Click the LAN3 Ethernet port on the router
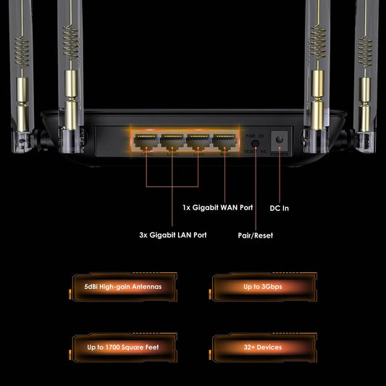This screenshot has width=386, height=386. coord(198,140)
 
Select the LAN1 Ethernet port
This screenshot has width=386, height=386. coord(146,140)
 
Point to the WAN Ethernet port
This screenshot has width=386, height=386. coord(224,140)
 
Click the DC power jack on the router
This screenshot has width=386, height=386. coord(279,139)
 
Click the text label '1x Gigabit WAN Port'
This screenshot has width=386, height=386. coord(217,208)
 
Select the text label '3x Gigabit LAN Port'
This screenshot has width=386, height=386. coord(173,235)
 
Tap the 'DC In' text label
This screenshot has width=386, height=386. coord(280,209)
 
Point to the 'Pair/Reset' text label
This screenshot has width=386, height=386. coord(255,235)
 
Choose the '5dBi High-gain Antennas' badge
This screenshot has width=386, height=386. coord(126,287)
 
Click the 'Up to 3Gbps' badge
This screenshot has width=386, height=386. coord(263,287)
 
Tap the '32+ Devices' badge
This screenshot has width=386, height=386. coord(263,347)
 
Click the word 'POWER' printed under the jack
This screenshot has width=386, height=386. coord(279,153)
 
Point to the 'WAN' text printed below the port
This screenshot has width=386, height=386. coord(225,153)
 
